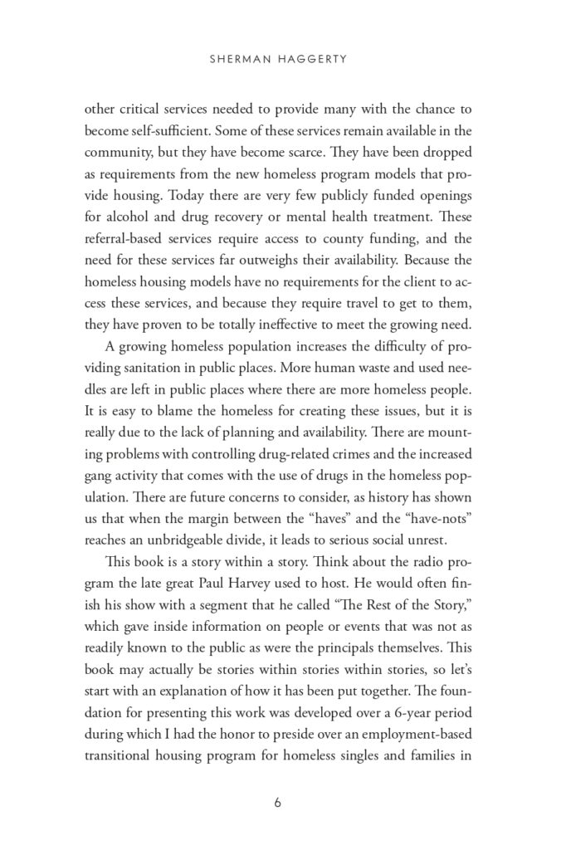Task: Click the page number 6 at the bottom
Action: point(283,804)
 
